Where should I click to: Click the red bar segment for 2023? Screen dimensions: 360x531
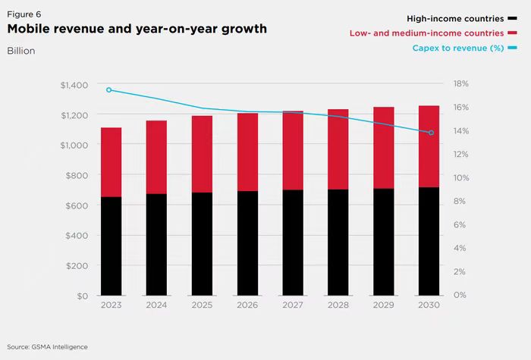[x=111, y=162]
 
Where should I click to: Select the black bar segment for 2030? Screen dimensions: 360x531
[x=429, y=241]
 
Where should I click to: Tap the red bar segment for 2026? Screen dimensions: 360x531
[x=247, y=152]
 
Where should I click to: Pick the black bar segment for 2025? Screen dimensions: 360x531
[x=202, y=243]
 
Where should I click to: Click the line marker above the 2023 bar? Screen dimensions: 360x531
[x=109, y=89]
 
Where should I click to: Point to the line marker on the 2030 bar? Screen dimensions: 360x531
[x=432, y=133]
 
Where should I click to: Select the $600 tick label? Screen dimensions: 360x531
[x=77, y=205]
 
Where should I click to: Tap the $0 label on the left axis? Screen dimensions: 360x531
[x=82, y=296]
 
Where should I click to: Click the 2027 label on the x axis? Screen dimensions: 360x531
[x=293, y=305]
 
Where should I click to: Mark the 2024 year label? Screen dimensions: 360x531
[x=156, y=305]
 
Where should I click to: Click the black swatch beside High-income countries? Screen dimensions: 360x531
[x=512, y=17]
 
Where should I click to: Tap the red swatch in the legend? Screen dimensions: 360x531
[x=512, y=33]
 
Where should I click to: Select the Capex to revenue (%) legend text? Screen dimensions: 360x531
[x=458, y=49]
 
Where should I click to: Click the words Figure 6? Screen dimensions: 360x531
[x=24, y=13]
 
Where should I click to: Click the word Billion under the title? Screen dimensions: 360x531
[x=21, y=51]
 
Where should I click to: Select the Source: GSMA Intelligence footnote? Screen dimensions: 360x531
[x=48, y=346]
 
